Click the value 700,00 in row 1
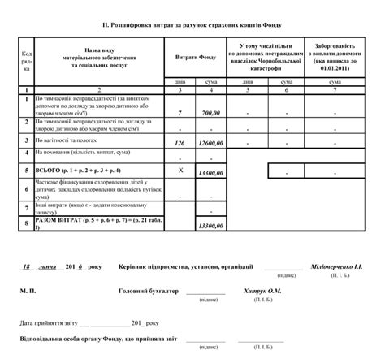210,113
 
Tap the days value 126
180,143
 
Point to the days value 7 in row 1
180,113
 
